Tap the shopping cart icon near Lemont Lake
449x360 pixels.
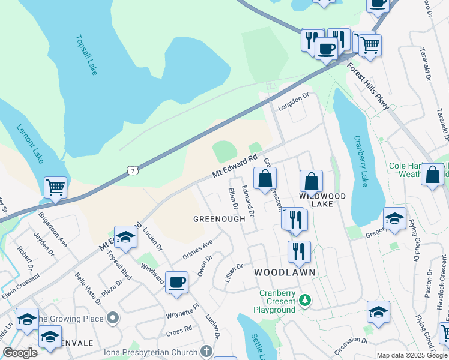click(55, 187)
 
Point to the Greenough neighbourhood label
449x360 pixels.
click(219, 219)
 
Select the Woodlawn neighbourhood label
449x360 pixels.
click(285, 272)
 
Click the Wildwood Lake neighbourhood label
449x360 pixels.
click(323, 200)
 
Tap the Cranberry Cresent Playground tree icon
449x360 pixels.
click(306, 299)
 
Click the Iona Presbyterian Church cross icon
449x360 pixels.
click(206, 350)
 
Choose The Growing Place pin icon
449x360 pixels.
click(111, 317)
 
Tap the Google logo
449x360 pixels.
click(19, 353)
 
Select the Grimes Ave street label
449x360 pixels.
click(198, 250)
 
